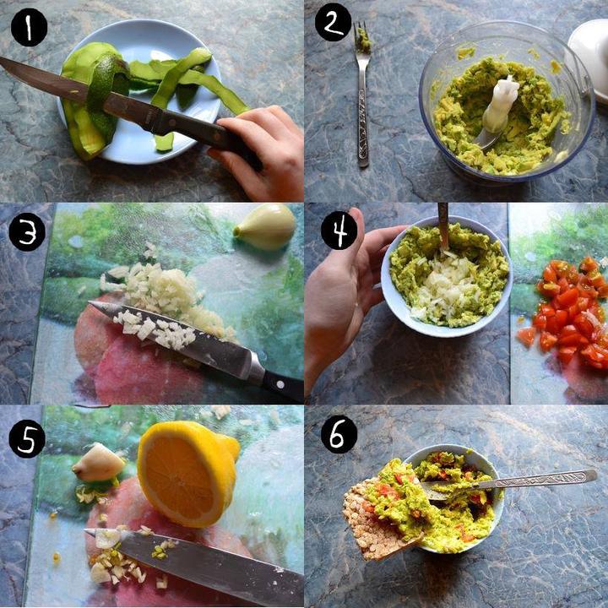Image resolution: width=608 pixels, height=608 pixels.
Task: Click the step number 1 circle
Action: (29, 28)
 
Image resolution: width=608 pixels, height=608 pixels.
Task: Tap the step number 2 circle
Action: (333, 23)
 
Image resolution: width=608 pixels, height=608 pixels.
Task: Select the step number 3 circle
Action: (27, 232)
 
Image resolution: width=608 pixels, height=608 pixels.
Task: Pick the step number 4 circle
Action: (339, 231)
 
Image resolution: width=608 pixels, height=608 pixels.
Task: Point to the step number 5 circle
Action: (27, 438)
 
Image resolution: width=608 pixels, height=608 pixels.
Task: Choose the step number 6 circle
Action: (339, 434)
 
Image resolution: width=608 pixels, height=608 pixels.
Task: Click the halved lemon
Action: (188, 474)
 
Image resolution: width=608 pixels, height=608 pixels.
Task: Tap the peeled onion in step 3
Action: (265, 227)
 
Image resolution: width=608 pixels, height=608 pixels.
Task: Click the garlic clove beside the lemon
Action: (98, 463)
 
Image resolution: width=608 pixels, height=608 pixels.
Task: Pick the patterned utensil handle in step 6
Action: (539, 480)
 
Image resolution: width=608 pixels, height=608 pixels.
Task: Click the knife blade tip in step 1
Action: (2, 59)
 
